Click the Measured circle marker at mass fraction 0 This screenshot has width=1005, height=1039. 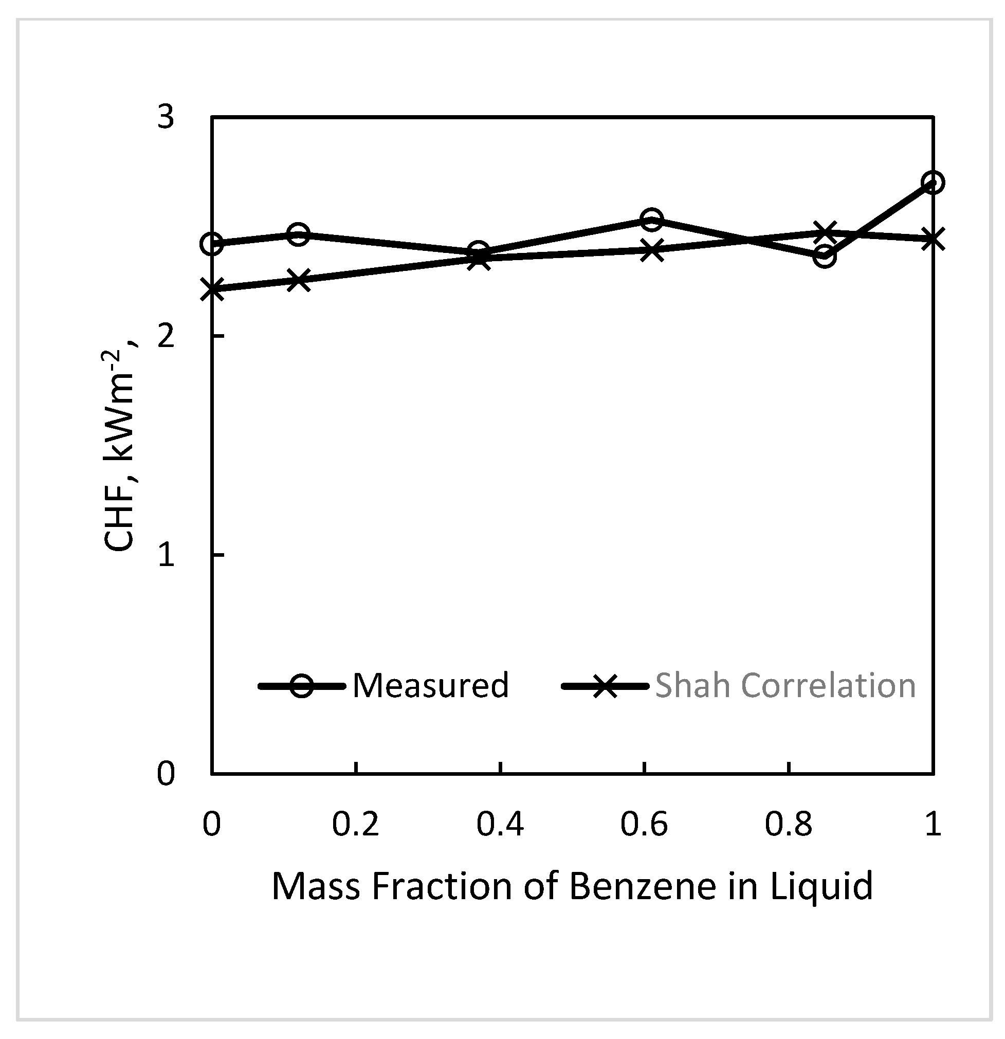tap(211, 244)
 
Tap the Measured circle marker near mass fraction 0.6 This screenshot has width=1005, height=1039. tap(651, 220)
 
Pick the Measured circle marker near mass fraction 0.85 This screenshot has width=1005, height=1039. tap(824, 257)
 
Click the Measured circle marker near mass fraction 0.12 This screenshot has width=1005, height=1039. tap(299, 234)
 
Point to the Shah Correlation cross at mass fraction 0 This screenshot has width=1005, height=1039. tap(211, 289)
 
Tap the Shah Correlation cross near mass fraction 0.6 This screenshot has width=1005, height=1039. tap(651, 250)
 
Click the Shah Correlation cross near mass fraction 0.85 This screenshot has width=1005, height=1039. tap(824, 232)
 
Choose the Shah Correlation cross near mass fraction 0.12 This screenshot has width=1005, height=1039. tap(299, 280)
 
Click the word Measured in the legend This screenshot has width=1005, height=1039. tap(430, 685)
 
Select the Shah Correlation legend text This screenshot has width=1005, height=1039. tap(785, 685)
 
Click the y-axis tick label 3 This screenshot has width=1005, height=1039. tap(166, 117)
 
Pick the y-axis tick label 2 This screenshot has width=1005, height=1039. tap(166, 336)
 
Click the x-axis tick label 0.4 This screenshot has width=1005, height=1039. tap(500, 825)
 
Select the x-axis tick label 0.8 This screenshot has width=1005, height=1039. tap(788, 825)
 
